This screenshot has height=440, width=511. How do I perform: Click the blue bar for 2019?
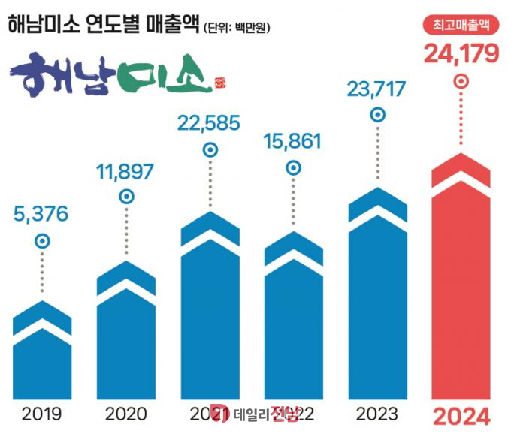point(43,360)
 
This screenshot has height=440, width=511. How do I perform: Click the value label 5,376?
point(41,214)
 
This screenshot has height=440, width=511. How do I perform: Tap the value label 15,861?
point(293,140)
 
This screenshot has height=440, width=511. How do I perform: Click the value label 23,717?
point(377,89)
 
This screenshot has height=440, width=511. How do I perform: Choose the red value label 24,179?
point(461,54)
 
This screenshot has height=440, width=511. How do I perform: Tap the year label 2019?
point(42,414)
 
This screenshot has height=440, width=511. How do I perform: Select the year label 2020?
point(126,414)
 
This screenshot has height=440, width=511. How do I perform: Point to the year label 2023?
point(378,414)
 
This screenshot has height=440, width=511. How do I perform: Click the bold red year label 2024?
point(461,415)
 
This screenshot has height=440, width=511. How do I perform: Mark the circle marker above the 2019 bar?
point(43,241)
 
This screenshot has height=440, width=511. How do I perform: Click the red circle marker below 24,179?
point(462,80)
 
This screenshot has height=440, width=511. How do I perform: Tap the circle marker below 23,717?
point(379,116)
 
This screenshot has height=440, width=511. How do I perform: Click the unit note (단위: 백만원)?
point(237,29)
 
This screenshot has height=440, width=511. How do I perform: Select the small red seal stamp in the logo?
point(219,80)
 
